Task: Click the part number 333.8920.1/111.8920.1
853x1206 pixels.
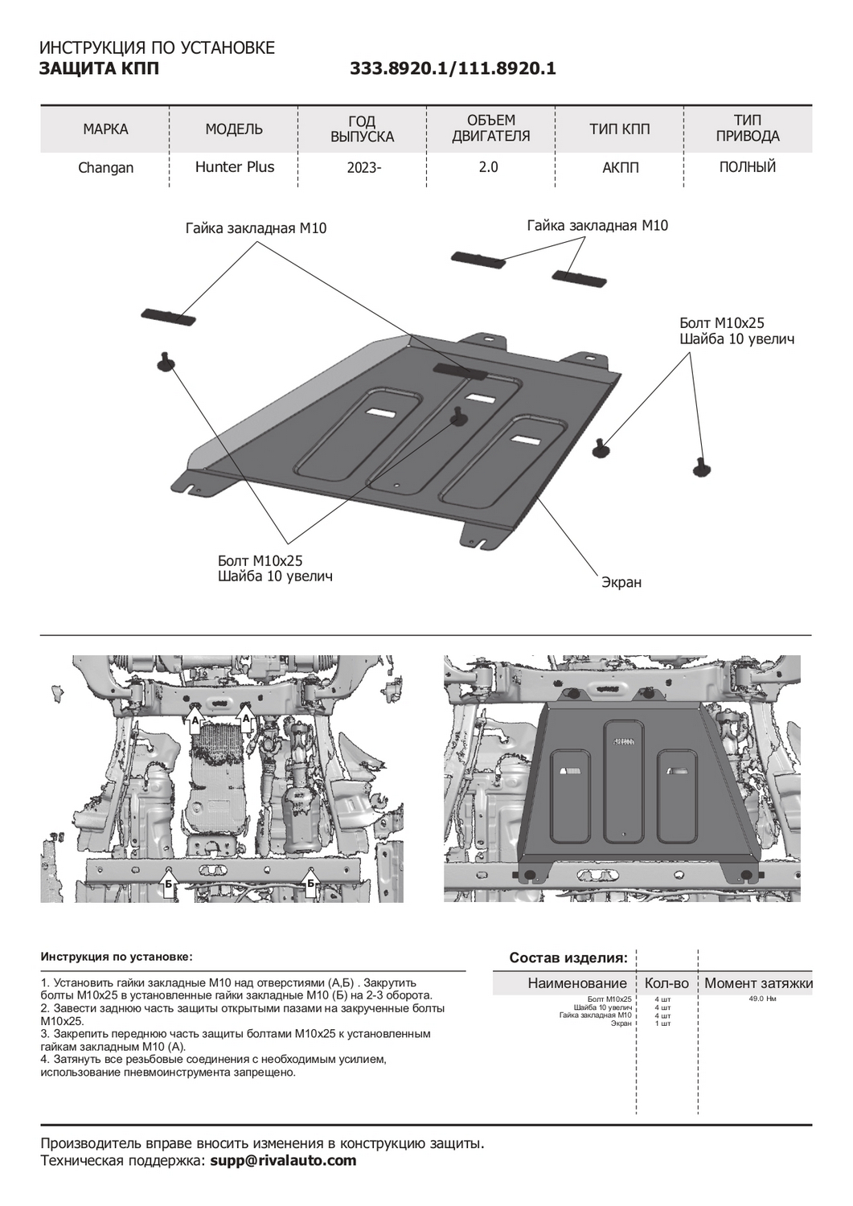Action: pyautogui.click(x=453, y=69)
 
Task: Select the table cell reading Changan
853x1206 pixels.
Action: pyautogui.click(x=105, y=168)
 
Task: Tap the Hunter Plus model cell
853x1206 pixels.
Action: pyautogui.click(x=235, y=167)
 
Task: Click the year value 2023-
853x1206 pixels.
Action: pyautogui.click(x=362, y=168)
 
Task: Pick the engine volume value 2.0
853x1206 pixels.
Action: pyautogui.click(x=488, y=167)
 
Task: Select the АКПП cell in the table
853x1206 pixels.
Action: pyautogui.click(x=619, y=168)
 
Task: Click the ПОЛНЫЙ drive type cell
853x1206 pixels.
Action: pyautogui.click(x=747, y=167)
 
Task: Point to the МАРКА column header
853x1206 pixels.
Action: pyautogui.click(x=105, y=129)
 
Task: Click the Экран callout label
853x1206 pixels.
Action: pyautogui.click(x=621, y=581)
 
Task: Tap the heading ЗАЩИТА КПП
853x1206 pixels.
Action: pyautogui.click(x=99, y=69)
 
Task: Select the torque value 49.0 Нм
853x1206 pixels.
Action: pyautogui.click(x=761, y=999)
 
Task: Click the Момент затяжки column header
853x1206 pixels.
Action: pyautogui.click(x=758, y=983)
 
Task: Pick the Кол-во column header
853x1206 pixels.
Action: pyautogui.click(x=666, y=983)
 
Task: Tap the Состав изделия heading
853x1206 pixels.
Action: pyautogui.click(x=568, y=958)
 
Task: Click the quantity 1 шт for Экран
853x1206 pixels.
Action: pyautogui.click(x=662, y=1023)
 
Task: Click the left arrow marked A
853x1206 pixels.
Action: pyautogui.click(x=194, y=718)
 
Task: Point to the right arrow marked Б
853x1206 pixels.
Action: pyautogui.click(x=310, y=884)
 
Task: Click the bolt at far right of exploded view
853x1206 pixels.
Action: pyautogui.click(x=701, y=466)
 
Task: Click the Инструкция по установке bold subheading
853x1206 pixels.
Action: pyautogui.click(x=117, y=957)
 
